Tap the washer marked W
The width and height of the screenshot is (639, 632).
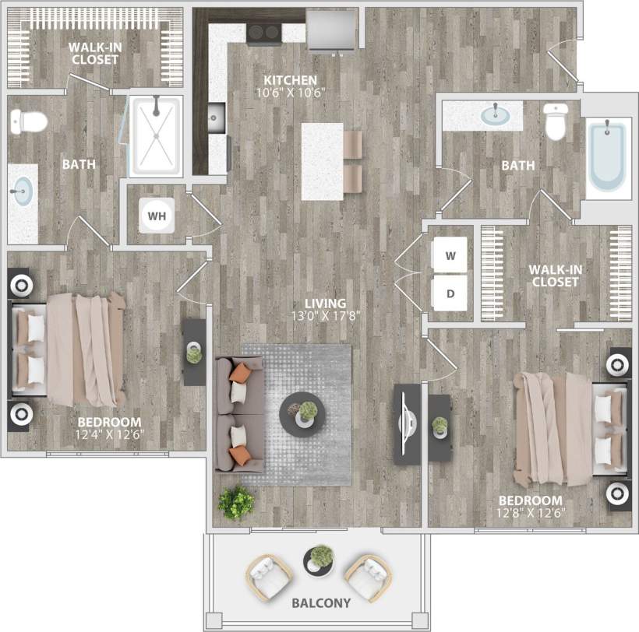click(x=450, y=255)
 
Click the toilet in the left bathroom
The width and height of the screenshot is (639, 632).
click(x=29, y=121)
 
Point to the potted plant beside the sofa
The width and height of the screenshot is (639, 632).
click(x=236, y=502)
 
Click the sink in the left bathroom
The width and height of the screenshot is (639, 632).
click(x=23, y=189)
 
